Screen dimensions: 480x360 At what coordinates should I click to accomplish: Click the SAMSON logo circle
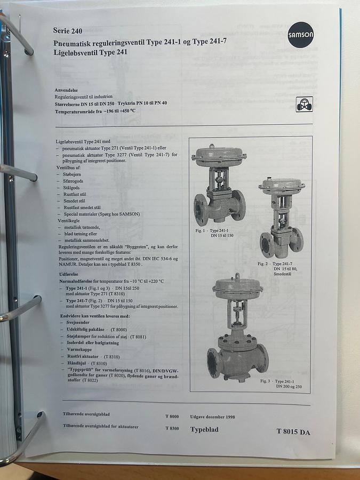[301, 35]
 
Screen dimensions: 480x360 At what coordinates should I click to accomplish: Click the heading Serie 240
[68, 30]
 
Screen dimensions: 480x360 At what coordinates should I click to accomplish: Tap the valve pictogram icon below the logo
[304, 104]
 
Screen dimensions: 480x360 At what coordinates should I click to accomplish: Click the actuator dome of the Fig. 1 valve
[219, 154]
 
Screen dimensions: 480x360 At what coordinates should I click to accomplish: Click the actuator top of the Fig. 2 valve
[282, 185]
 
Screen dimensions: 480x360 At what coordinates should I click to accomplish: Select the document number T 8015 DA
[293, 432]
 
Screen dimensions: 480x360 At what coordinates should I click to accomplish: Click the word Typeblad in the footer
[205, 429]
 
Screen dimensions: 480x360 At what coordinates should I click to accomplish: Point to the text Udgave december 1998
[212, 417]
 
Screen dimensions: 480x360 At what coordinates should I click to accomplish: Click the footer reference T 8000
[172, 417]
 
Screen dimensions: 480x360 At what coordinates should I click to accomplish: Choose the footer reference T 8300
[172, 428]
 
